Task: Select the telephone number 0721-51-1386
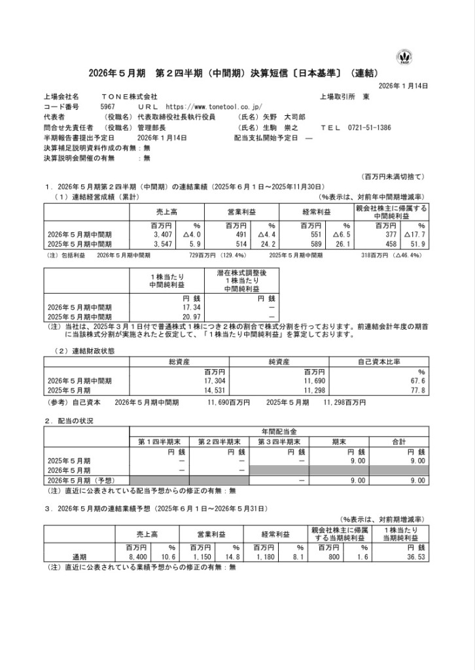tap(369, 128)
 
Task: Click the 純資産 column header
tap(281, 361)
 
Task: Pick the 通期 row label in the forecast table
tap(79, 557)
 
